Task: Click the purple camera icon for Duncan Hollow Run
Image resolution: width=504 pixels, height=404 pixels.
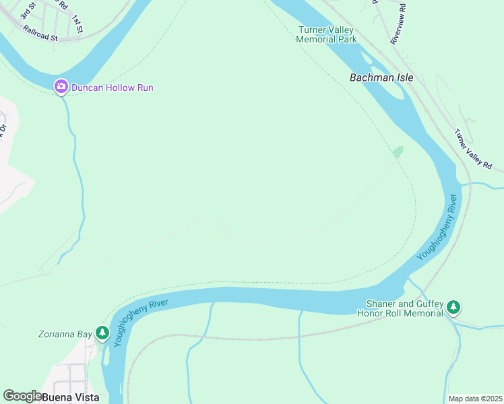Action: click(x=61, y=86)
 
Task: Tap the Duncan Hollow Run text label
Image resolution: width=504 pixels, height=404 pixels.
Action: click(x=113, y=88)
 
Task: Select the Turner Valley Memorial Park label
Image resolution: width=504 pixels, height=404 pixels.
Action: click(x=327, y=34)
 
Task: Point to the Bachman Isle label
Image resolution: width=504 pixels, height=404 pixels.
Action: click(x=381, y=77)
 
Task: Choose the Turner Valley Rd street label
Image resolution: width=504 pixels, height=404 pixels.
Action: click(x=473, y=149)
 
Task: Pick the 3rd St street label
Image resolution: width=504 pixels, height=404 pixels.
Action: click(x=28, y=10)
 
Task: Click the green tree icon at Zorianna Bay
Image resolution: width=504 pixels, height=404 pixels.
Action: click(x=102, y=333)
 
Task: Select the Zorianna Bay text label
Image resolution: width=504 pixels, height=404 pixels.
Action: click(x=65, y=333)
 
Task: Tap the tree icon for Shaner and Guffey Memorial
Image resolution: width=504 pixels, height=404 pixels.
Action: click(x=453, y=308)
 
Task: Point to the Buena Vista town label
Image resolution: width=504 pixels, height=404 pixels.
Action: click(x=71, y=397)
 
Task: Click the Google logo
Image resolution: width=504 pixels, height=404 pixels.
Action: click(x=22, y=396)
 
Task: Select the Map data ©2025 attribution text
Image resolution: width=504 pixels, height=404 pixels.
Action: click(x=475, y=399)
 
